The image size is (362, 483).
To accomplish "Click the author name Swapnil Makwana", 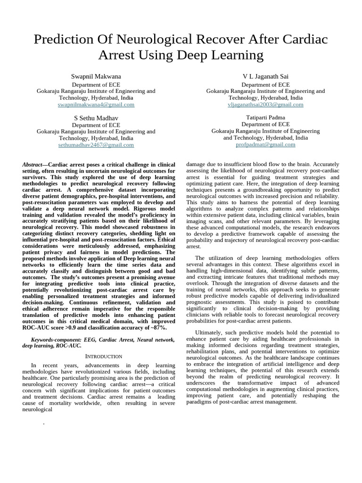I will pyautogui.click(x=96, y=76).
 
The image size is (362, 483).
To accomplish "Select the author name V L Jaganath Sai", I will pyautogui.click(x=265, y=76).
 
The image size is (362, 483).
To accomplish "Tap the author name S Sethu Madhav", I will pyautogui.click(x=96, y=117).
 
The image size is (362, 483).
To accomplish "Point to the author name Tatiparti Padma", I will pyautogui.click(x=265, y=117).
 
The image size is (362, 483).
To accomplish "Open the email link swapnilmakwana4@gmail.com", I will pyautogui.click(x=96, y=105).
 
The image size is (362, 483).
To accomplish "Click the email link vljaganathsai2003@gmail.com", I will pyautogui.click(x=265, y=105).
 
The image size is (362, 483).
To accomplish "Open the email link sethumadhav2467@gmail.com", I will pyautogui.click(x=96, y=145).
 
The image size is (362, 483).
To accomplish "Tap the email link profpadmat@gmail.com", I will pyautogui.click(x=265, y=145).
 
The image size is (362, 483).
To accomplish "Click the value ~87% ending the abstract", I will pyautogui.click(x=158, y=327).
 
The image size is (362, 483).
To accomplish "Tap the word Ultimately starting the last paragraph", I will pyautogui.click(x=211, y=333).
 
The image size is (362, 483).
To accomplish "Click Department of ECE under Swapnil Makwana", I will pyautogui.click(x=96, y=84).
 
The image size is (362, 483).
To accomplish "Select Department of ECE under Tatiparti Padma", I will pyautogui.click(x=265, y=125).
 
